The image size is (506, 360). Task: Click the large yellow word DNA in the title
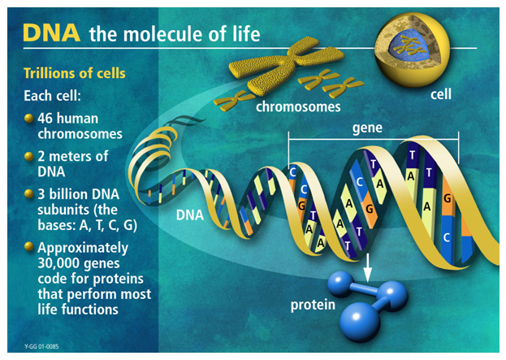[51, 33]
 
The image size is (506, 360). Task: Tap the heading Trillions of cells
[75, 73]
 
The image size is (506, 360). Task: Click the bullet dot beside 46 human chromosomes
[29, 118]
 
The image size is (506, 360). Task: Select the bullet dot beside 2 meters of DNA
[29, 156]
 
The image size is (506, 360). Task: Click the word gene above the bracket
[367, 128]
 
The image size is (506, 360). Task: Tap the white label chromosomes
[298, 106]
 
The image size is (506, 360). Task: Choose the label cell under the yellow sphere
[441, 94]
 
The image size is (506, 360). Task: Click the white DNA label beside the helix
[190, 215]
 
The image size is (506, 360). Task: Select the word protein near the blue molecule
[313, 305]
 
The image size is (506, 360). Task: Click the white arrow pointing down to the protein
[367, 267]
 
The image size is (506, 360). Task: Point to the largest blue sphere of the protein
[360, 321]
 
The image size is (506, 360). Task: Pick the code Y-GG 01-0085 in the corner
[41, 347]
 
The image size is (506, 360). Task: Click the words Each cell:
[52, 96]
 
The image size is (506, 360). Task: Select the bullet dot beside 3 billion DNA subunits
[29, 194]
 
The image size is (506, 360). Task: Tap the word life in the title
[248, 34]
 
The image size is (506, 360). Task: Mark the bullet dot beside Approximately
[29, 247]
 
